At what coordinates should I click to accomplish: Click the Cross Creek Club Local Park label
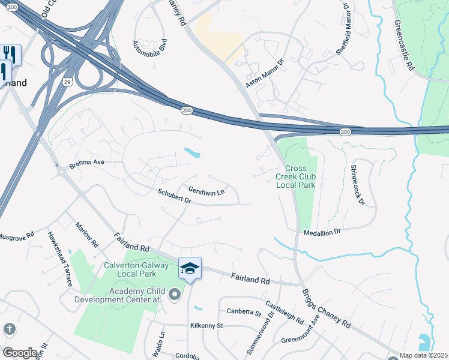[x=295, y=176]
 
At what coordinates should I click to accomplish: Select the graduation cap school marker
[x=190, y=268]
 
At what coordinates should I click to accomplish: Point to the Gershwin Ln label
[x=206, y=192]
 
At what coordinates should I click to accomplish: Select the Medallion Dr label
[x=322, y=232]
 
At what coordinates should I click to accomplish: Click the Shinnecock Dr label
[x=358, y=185]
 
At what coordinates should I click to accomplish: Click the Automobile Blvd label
[x=149, y=45]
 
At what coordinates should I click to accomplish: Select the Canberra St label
[x=244, y=312]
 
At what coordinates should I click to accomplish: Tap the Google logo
[x=20, y=353]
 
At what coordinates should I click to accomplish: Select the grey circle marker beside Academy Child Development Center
[x=175, y=294]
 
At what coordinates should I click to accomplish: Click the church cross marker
[x=9, y=329]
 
